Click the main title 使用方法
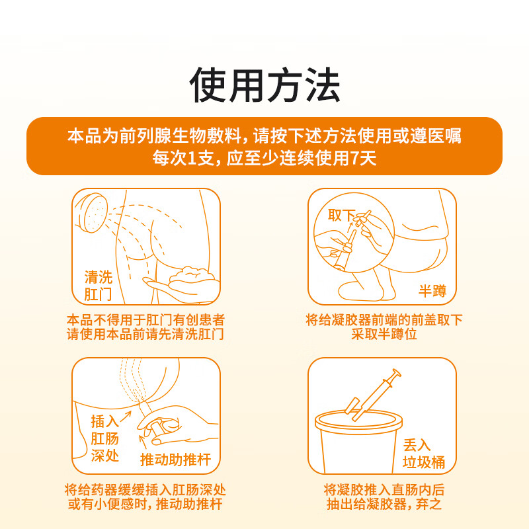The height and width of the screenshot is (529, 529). tap(264, 85)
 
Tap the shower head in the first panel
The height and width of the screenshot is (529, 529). tap(92, 212)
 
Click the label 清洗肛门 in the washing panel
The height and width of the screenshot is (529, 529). tap(98, 286)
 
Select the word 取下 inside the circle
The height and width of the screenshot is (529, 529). tap(341, 215)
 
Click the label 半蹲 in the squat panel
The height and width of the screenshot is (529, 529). tap(432, 290)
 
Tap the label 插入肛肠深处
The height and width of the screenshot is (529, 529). tap(104, 438)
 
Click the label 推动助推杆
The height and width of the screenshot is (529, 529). tap(175, 460)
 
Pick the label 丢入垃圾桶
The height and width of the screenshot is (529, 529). tap(424, 454)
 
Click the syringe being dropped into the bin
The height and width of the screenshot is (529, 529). tap(373, 395)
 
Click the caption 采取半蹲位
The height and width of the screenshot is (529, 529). tap(384, 334)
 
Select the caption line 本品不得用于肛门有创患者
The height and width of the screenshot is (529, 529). tap(145, 319)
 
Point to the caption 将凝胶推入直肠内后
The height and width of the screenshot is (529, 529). tap(384, 489)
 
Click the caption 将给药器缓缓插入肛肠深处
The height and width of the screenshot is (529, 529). tap(145, 489)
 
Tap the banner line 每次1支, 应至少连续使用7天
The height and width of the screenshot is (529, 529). tap(264, 158)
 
